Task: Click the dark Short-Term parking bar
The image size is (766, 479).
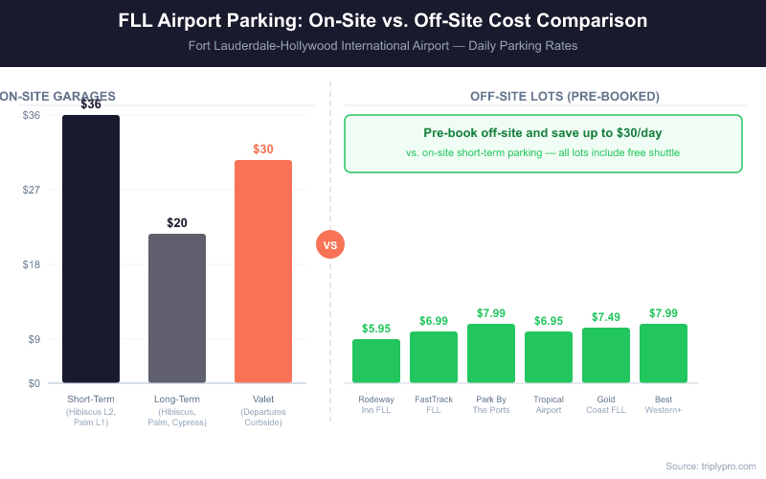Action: coord(91,249)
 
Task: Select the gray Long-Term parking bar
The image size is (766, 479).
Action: coord(177,308)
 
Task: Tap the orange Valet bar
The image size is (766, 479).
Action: coord(263,271)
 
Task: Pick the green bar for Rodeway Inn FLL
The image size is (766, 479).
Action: coord(376,361)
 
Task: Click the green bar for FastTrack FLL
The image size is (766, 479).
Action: coord(434,357)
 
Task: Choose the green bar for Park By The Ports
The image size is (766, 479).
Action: coord(491,354)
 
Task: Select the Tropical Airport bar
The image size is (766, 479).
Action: coord(549,357)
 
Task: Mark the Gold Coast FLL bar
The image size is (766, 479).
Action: coord(606,355)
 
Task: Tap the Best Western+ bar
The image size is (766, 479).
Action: coord(664,354)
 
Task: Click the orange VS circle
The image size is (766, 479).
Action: coord(330,245)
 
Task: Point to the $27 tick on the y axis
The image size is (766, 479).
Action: coord(32,190)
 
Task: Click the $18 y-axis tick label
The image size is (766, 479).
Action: coord(32,264)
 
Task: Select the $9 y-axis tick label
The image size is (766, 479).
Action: coord(34,339)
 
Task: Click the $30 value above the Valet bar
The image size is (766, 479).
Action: coord(263,149)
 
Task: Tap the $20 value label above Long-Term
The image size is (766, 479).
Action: coord(177,223)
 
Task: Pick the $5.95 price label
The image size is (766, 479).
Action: coord(376,329)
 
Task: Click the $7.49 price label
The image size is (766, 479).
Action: coord(606,317)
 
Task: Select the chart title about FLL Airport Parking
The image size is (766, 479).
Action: coord(383,20)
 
